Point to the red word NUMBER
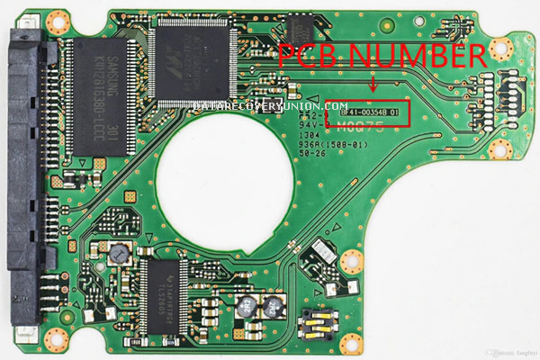[x=418, y=55]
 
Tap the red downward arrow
[x=374, y=87]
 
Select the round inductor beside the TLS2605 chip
[x=115, y=256]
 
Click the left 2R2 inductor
[x=244, y=306]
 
